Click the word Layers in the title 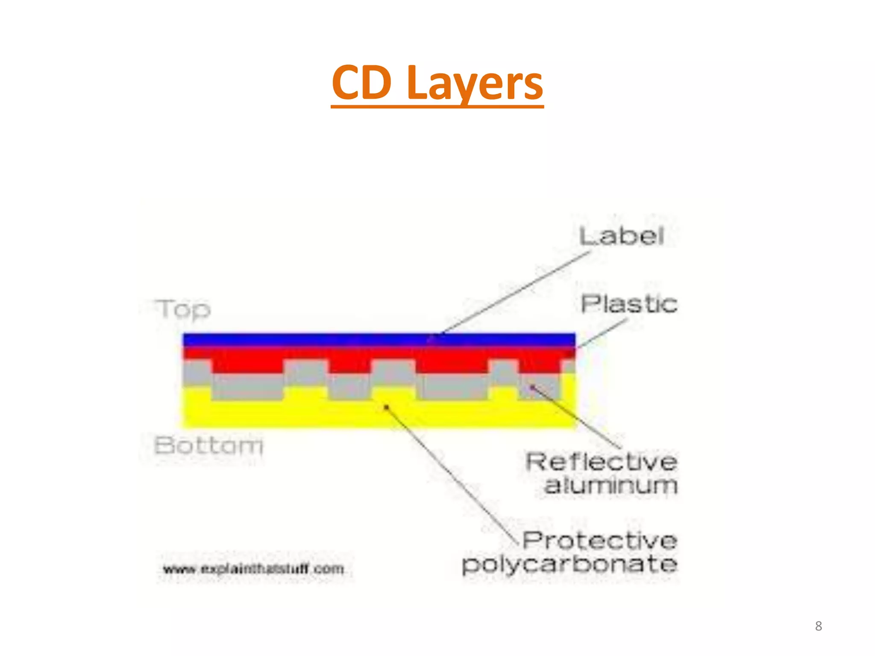(x=475, y=84)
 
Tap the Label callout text (x=622, y=236)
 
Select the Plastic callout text (x=629, y=304)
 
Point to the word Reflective (x=602, y=462)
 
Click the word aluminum (x=611, y=486)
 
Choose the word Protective (x=600, y=541)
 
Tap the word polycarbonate (x=570, y=565)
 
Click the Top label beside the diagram (x=183, y=309)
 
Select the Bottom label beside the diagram (x=208, y=445)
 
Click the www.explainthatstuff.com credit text (x=254, y=569)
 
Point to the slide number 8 (x=818, y=626)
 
